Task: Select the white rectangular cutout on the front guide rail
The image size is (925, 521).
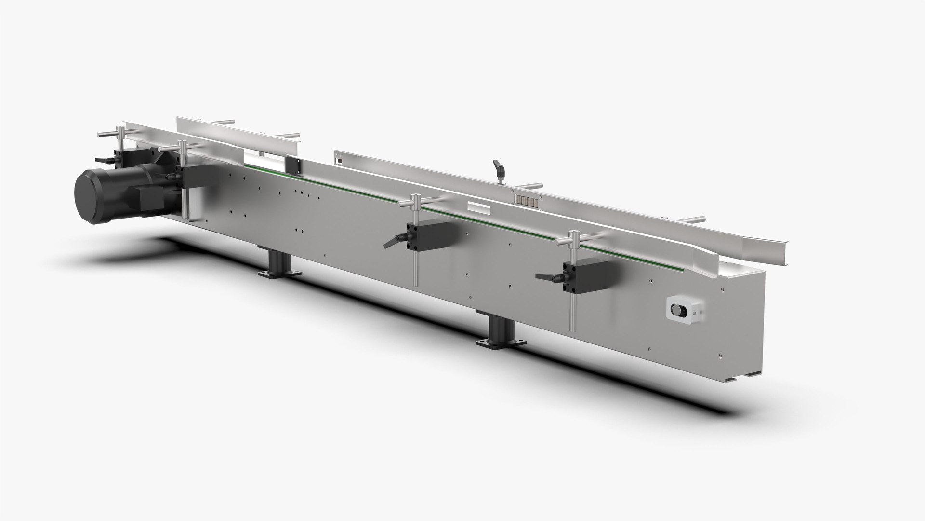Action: click(478, 207)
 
